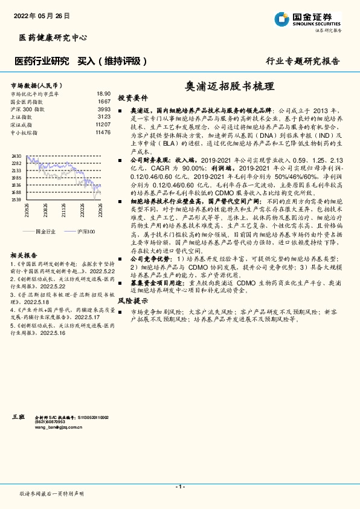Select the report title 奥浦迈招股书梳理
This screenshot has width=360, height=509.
[x=223, y=86]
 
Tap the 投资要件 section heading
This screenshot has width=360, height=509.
[x=132, y=98]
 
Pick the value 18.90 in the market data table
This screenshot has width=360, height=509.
[x=103, y=94]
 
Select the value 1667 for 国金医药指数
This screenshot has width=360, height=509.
[x=104, y=102]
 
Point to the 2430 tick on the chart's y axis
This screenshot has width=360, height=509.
[x=16, y=156]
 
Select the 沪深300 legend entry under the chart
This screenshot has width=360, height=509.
[x=86, y=232]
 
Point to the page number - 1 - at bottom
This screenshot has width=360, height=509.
[x=179, y=486]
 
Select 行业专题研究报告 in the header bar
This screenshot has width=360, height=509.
[x=303, y=61]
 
